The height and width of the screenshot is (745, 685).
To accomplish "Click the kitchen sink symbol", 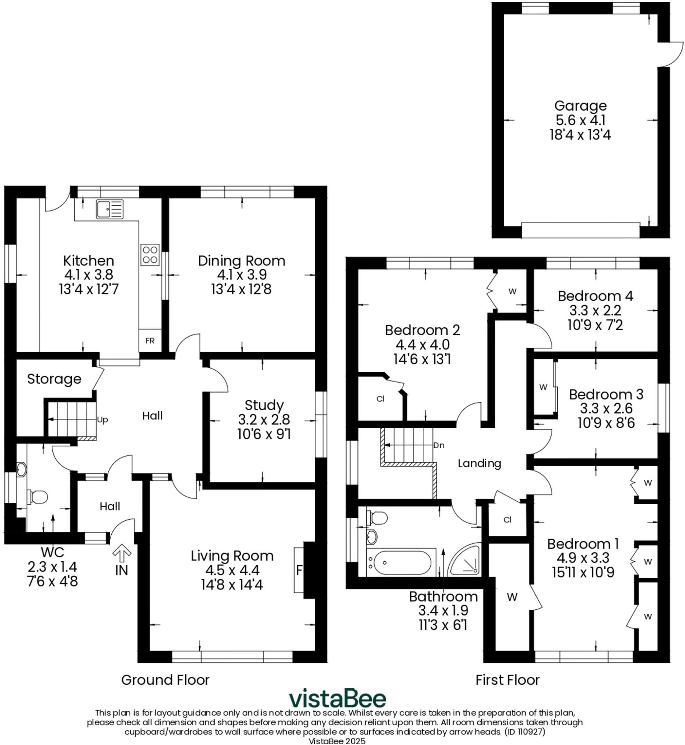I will (x=109, y=210).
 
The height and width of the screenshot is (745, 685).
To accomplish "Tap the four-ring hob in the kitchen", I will (x=150, y=255).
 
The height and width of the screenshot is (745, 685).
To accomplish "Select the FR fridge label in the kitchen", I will (x=150, y=340).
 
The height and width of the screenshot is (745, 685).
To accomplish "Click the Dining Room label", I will (x=241, y=261).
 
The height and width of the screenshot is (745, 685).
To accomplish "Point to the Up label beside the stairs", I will (x=102, y=420).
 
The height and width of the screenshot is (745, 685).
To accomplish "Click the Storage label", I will (x=54, y=379).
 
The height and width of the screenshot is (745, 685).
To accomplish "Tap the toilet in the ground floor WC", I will (x=38, y=497).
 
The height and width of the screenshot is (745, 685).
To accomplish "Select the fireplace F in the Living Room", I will (x=299, y=570).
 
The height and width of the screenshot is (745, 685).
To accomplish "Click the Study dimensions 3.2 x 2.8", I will (x=263, y=419).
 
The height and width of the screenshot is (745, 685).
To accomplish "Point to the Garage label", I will (x=580, y=105).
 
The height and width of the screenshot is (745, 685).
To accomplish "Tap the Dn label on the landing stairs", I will (x=439, y=445).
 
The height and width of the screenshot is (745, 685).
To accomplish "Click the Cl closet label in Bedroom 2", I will (x=380, y=399).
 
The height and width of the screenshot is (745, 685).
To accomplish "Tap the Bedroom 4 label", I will (x=595, y=296).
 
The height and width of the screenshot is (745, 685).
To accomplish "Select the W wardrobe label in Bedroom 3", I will (x=543, y=387).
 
